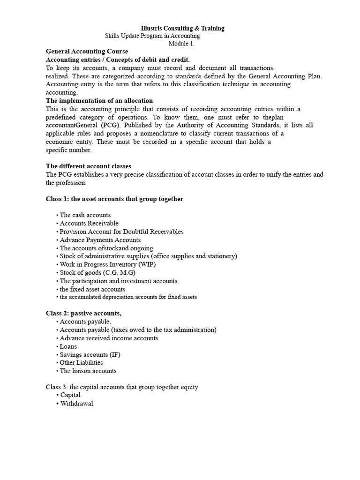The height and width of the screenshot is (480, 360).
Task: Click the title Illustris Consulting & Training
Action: [x=183, y=28]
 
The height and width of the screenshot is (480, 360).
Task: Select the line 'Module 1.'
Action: [x=181, y=44]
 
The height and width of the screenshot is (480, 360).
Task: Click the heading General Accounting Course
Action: [x=87, y=52]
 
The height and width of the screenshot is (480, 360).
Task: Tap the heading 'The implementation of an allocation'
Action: [x=99, y=101]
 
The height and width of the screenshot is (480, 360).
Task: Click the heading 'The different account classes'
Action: [x=88, y=166]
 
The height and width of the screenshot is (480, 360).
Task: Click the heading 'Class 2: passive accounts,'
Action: [x=87, y=313]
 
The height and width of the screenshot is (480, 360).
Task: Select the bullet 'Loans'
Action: [x=68, y=346]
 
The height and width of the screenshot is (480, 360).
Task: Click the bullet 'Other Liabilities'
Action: [x=81, y=363]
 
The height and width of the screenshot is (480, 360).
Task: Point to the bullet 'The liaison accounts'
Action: [x=88, y=371]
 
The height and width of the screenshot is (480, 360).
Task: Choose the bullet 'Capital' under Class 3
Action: [x=70, y=395]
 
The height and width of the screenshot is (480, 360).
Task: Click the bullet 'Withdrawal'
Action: [x=77, y=404]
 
